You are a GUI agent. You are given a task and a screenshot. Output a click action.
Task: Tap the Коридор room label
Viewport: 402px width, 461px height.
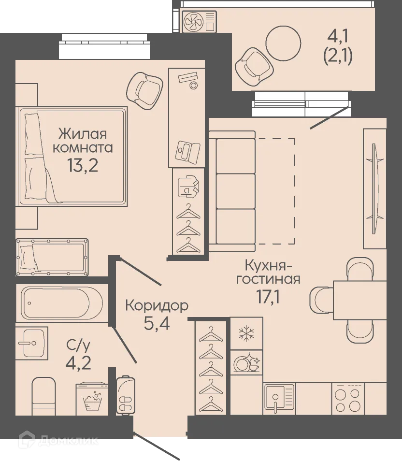(x=156, y=305)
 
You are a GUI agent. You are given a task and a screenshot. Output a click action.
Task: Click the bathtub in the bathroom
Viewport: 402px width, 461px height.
(x=59, y=303)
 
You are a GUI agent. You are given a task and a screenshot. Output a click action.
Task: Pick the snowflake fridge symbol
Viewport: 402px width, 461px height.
(x=246, y=333)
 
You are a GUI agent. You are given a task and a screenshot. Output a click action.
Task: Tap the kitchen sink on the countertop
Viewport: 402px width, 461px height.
(x=279, y=398)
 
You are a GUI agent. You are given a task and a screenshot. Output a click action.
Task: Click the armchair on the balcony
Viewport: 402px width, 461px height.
(x=252, y=65)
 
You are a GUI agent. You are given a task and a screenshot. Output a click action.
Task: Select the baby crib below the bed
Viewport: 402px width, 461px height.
(x=52, y=257)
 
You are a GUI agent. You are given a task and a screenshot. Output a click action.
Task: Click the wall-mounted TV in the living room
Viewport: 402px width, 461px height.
(x=374, y=188)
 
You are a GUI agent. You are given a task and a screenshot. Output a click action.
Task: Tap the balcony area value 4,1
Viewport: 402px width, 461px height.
(x=337, y=36)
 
